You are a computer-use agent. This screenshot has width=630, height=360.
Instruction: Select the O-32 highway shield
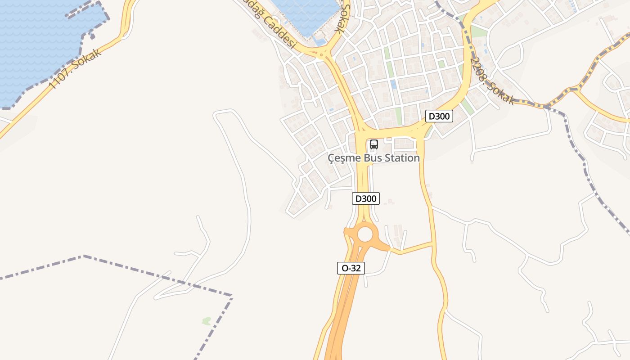351,268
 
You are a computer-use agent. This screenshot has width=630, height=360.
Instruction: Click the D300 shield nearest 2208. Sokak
439,116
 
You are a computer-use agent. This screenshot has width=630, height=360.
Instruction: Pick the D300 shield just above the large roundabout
365,198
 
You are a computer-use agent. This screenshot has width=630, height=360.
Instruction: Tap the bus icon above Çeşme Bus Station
373,144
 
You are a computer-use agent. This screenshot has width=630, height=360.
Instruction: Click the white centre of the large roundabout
365,234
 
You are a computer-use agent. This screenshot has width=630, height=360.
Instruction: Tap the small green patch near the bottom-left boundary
207,321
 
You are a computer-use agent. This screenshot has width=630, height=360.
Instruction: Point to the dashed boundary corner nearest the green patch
231,296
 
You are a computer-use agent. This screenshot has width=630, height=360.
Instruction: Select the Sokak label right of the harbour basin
342,18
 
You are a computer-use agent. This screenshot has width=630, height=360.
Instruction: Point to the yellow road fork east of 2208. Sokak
576,90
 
